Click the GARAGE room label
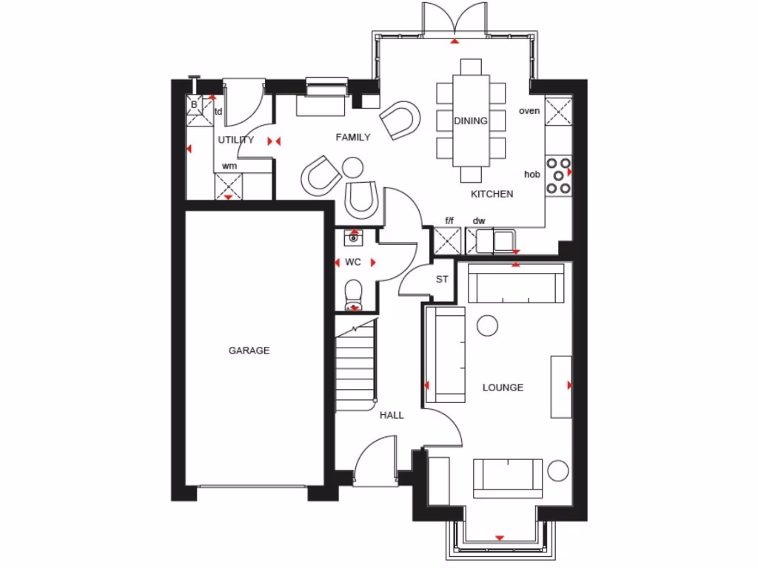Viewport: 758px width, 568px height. coord(249,351)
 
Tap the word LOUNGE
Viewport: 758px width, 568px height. coord(503,388)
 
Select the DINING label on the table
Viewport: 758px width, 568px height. coord(471,121)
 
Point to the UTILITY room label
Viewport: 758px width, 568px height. coord(235,140)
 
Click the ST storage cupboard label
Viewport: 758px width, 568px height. coord(442,280)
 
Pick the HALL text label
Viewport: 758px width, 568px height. coord(392,416)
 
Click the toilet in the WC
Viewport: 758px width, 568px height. coord(354,293)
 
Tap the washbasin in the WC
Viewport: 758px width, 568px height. coord(354,238)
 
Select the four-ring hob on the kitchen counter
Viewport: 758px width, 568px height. coord(559,175)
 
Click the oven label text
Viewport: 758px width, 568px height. coord(529,112)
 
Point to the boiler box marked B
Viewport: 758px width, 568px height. coord(194,105)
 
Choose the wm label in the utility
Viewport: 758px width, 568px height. coord(229,166)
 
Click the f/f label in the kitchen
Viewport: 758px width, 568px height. coord(449,220)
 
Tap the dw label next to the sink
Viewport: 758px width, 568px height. coord(479,220)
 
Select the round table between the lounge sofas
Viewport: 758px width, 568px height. coord(487,324)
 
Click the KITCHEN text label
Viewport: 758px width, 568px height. coord(492,195)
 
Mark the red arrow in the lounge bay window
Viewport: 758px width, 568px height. coord(500,538)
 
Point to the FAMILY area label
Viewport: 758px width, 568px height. coord(353,137)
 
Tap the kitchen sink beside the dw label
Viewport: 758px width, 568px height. coord(506,240)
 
